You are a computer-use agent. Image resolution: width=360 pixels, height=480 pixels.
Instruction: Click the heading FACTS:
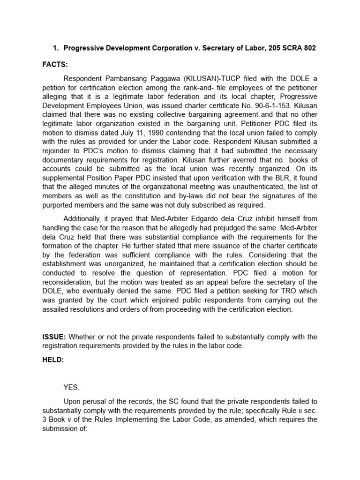55,64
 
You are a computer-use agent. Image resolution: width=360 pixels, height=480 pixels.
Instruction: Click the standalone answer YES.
72,387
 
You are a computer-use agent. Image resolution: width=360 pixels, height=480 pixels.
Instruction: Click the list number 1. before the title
55,48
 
